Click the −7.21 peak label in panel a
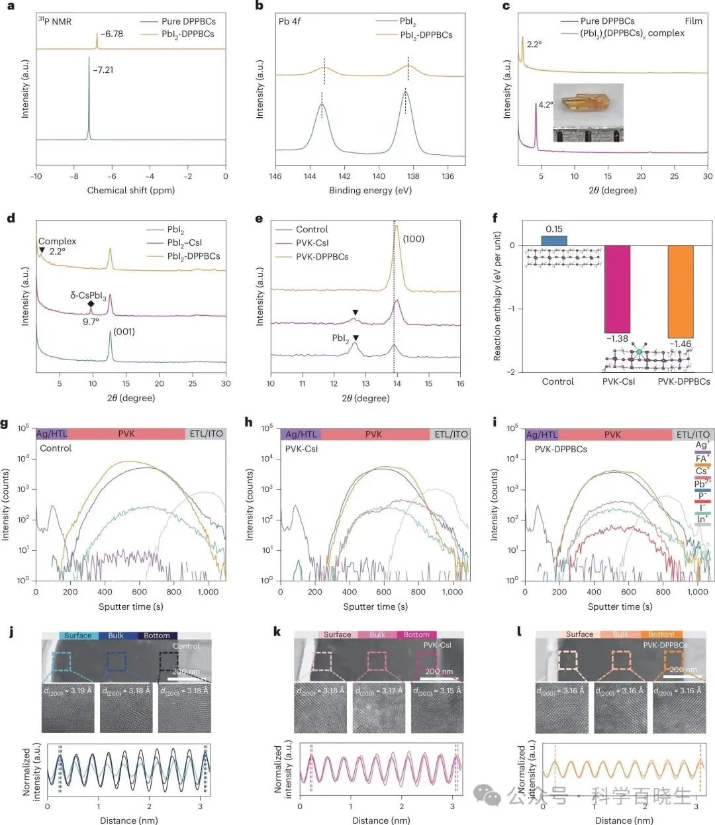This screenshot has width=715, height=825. [103, 70]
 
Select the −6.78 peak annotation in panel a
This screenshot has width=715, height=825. [112, 34]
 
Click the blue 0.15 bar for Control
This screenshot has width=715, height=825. [553, 240]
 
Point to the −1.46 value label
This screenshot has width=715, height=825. [680, 344]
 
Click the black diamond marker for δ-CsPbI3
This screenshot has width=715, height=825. [91, 304]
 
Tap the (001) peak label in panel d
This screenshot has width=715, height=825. [124, 331]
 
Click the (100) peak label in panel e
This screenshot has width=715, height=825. [414, 239]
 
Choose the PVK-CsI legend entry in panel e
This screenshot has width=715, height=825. [312, 243]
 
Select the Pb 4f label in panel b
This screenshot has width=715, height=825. [289, 21]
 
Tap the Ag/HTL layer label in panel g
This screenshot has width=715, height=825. [52, 434]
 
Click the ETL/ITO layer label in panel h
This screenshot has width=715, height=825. [451, 434]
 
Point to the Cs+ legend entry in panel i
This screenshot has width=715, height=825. [702, 471]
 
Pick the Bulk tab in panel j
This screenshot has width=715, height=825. [116, 636]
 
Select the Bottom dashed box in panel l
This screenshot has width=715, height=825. [673, 659]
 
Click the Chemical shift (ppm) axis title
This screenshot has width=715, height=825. [131, 190]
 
